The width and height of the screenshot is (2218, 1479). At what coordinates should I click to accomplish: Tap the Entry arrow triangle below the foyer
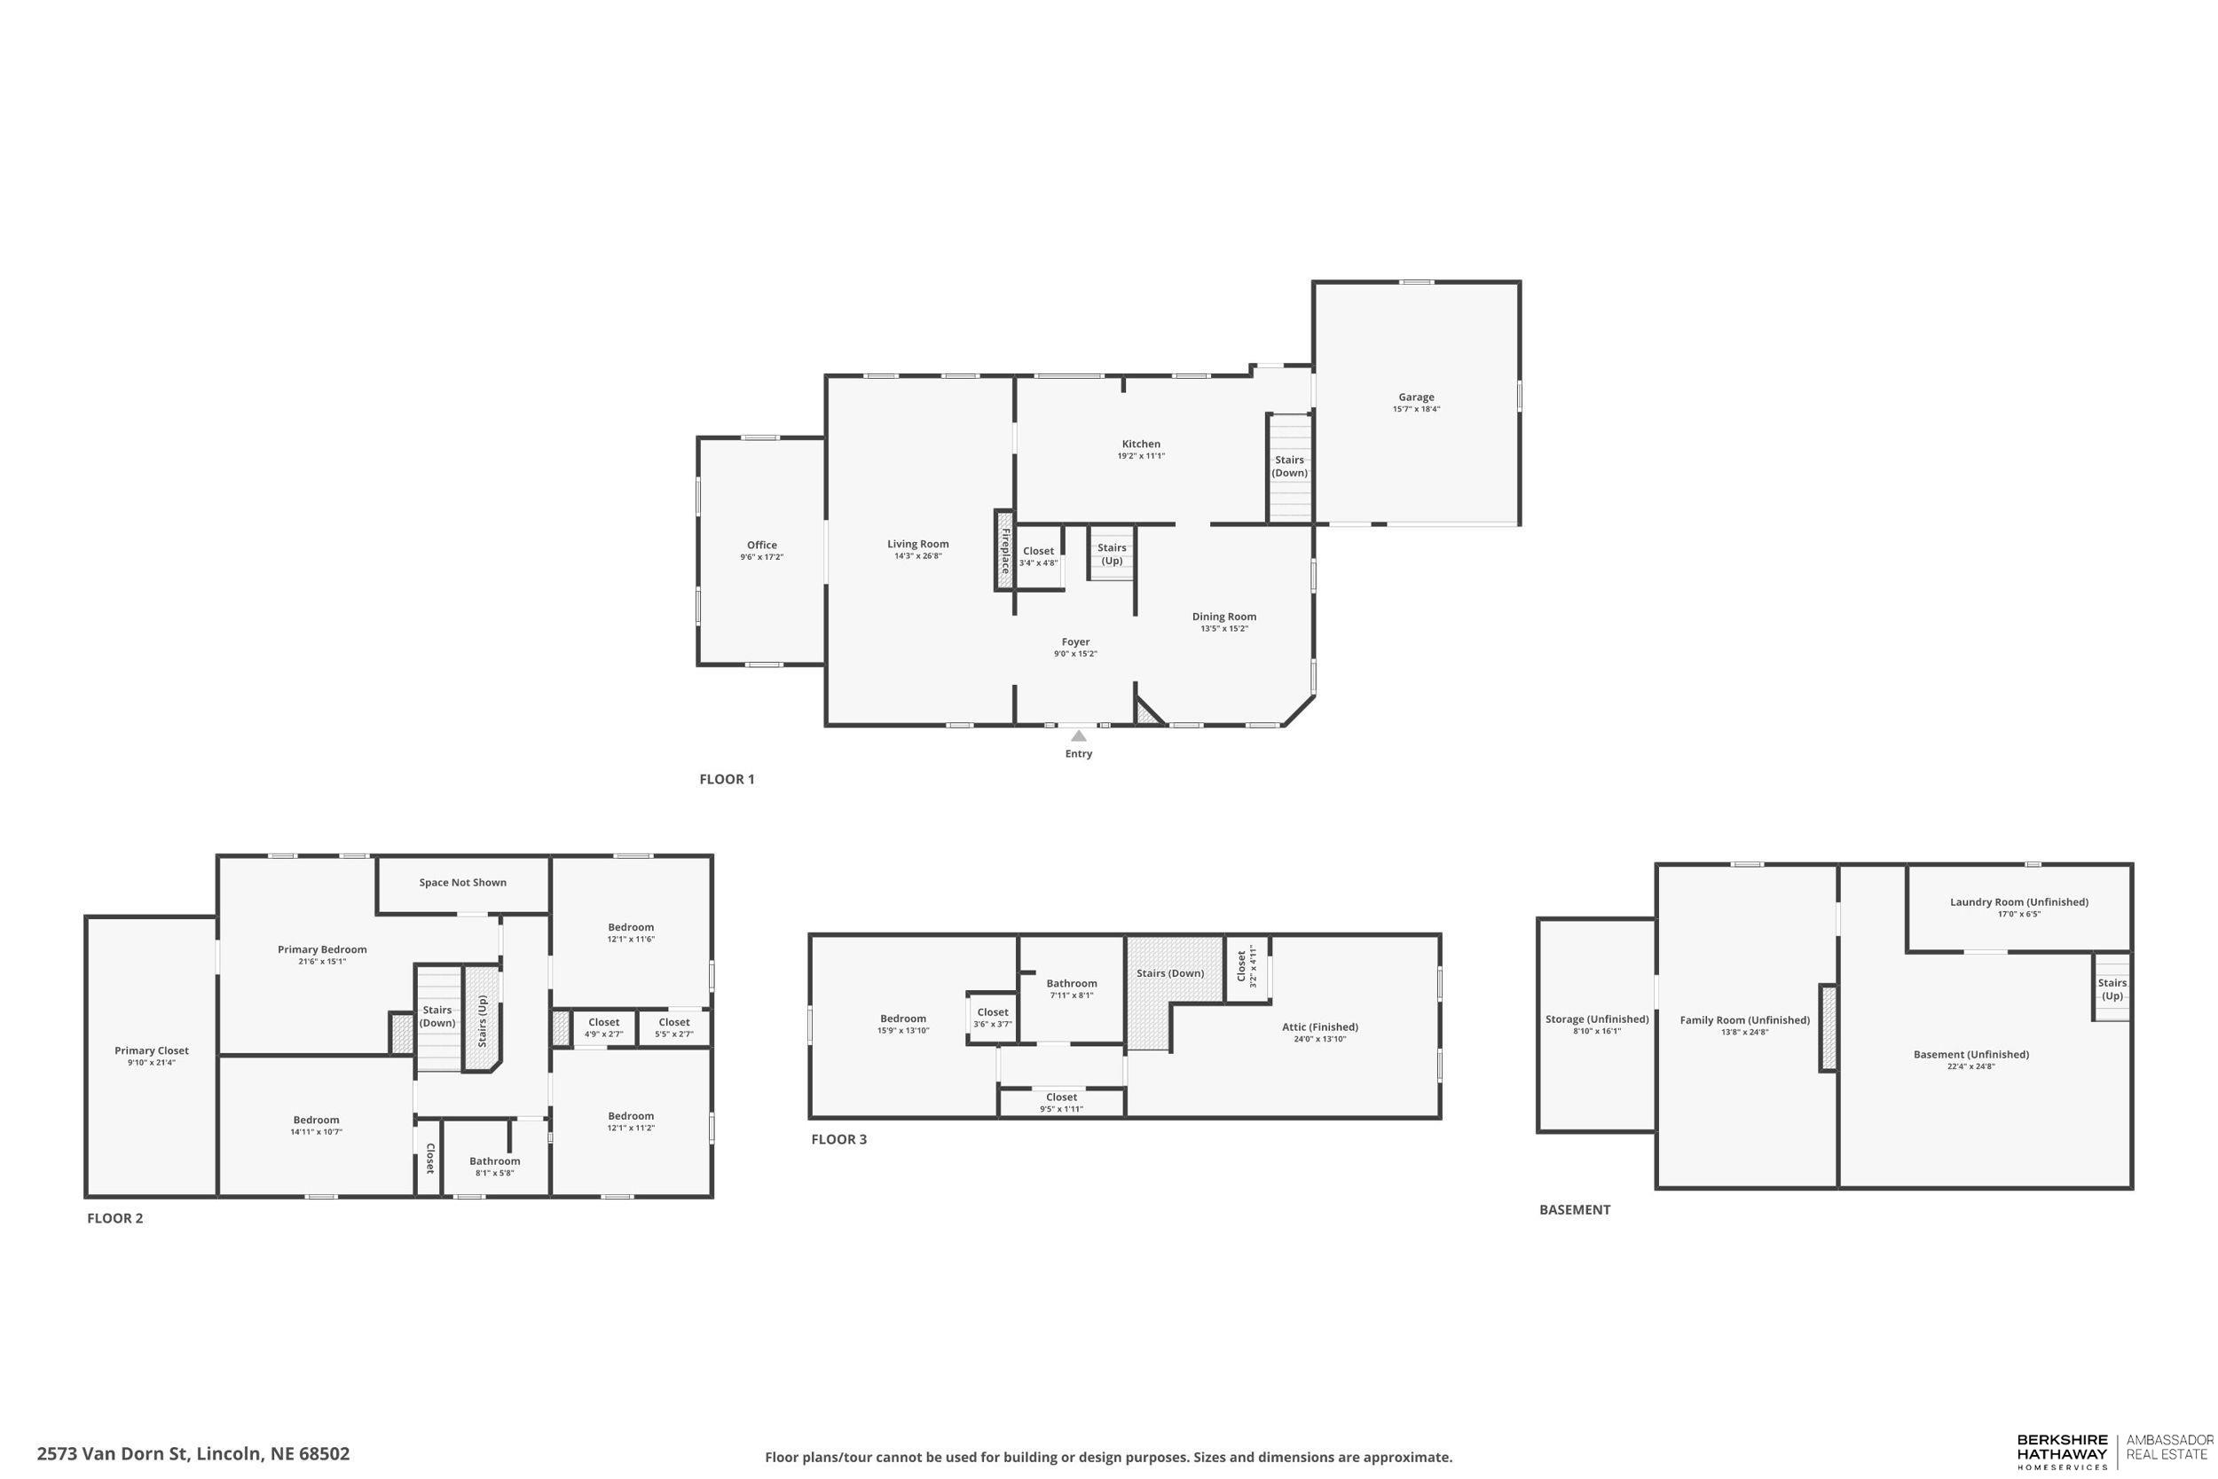[x=1078, y=736]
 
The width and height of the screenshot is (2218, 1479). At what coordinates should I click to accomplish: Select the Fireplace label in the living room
[x=1005, y=551]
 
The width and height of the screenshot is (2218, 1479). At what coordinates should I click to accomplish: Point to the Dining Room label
[x=1223, y=617]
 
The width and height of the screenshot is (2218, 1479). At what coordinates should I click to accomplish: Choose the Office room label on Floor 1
[x=761, y=545]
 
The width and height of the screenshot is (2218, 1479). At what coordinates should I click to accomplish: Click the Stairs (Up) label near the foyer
[x=1112, y=554]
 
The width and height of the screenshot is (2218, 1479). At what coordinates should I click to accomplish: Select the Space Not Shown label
[x=462, y=883]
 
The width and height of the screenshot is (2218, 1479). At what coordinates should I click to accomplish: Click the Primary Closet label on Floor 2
[x=151, y=1050]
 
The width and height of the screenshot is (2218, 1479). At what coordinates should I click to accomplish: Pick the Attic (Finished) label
[x=1319, y=1027]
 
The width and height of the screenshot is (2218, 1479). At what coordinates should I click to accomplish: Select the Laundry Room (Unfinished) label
[x=2019, y=901]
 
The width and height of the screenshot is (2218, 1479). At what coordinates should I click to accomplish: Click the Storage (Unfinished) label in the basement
[x=1597, y=1019]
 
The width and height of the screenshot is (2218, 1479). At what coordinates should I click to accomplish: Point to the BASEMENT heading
[x=1574, y=1209]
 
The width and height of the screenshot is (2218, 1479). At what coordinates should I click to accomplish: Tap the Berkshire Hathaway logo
[x=2062, y=1452]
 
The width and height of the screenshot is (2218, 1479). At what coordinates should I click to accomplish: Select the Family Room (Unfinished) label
[x=1743, y=1019]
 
